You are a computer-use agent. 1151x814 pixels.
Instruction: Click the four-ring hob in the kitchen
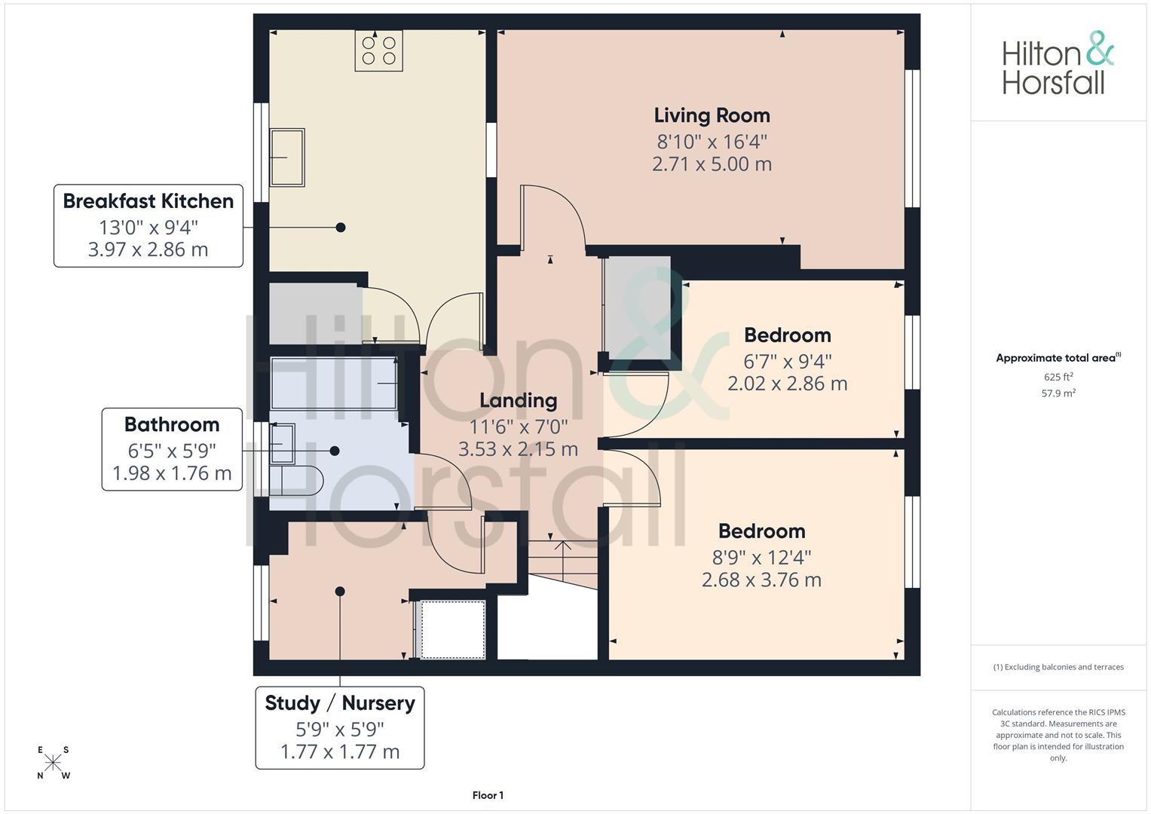(378, 50)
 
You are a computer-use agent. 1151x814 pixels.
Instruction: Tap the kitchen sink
(288, 158)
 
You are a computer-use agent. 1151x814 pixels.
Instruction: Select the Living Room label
(712, 115)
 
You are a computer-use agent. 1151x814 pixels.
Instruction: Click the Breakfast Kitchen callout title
(148, 201)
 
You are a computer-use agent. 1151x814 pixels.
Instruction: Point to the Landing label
(519, 400)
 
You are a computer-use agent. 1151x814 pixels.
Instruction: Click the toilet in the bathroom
(296, 481)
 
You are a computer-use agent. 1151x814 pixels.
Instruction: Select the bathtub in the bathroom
(334, 384)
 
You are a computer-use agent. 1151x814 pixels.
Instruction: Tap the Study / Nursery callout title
(340, 703)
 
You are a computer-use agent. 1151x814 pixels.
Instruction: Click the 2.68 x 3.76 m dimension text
(761, 580)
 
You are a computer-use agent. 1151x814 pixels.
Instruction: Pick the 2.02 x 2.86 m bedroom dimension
(787, 384)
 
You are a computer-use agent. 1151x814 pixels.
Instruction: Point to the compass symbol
(53, 763)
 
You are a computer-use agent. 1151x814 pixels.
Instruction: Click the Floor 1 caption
(488, 795)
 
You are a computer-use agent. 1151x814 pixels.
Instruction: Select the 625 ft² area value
(1058, 377)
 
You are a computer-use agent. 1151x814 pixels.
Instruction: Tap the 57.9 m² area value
(1058, 393)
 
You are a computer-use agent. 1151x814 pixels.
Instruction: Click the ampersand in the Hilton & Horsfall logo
(1099, 47)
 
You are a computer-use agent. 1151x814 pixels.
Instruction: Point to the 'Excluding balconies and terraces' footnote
(1058, 667)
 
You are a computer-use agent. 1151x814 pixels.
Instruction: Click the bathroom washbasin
(283, 443)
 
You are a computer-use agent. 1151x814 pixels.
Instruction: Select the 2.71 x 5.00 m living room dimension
(712, 164)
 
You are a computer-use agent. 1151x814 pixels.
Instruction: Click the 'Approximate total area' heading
(1058, 358)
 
